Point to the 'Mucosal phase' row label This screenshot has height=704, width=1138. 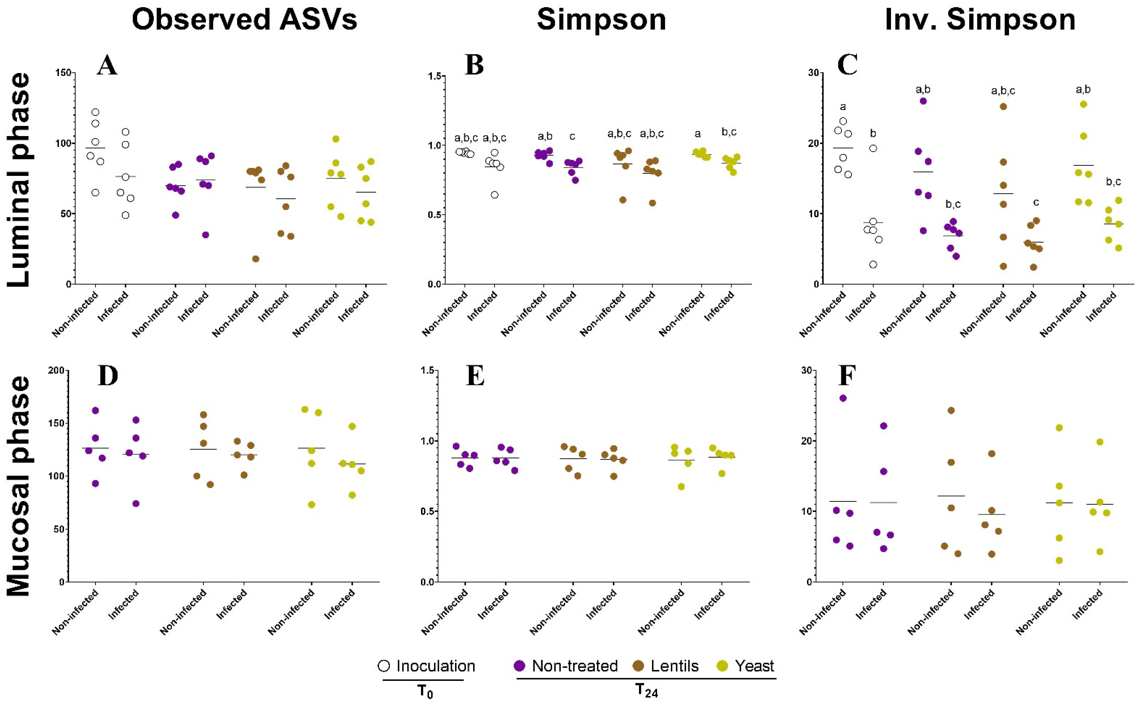[19, 487]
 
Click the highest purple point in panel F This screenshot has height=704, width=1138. [843, 398]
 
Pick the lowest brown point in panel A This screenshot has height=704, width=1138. [256, 259]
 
